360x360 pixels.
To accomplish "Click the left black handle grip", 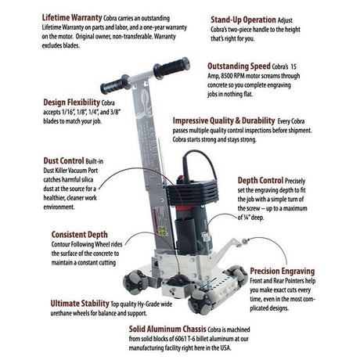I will [x=113, y=84].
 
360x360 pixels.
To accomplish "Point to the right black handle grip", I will [x=171, y=67].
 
